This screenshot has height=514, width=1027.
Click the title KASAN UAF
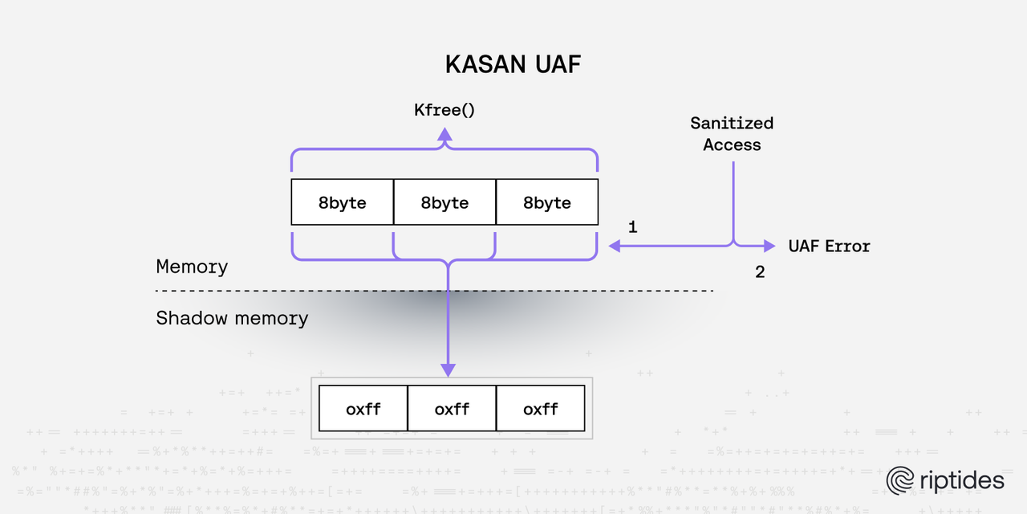(x=513, y=65)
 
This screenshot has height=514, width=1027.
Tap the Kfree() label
(x=444, y=109)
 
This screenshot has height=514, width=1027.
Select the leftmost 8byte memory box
(x=342, y=202)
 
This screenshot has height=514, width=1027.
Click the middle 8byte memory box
(x=444, y=202)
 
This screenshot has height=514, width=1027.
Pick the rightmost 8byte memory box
(x=547, y=202)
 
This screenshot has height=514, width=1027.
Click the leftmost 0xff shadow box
(x=363, y=409)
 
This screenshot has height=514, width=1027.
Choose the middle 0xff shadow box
(x=452, y=409)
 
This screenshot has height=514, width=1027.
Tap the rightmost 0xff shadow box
(x=540, y=409)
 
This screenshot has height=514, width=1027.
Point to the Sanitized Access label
(x=732, y=133)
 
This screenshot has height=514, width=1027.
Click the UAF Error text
(x=829, y=246)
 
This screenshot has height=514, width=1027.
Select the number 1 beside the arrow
(x=632, y=227)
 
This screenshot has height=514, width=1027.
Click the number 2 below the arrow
(x=759, y=272)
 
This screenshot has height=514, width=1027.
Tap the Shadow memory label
(x=232, y=318)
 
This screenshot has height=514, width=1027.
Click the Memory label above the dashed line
(x=192, y=267)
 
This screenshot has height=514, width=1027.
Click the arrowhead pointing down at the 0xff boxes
(x=448, y=369)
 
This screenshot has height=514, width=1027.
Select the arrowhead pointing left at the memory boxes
(x=615, y=246)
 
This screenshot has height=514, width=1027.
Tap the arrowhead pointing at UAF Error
(x=769, y=246)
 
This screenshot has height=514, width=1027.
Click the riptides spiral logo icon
(x=900, y=480)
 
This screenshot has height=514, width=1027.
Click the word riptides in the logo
(x=960, y=480)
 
